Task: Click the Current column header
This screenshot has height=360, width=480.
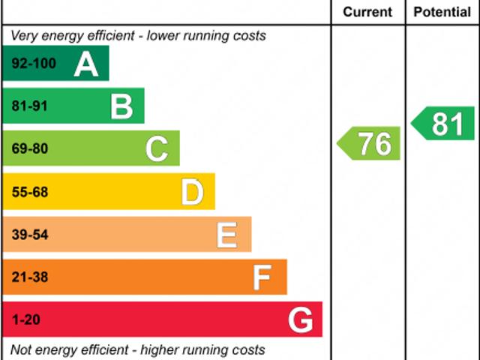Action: tap(367, 12)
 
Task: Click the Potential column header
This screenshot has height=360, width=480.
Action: tap(442, 12)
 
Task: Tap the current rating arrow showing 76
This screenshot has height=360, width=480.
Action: tap(370, 143)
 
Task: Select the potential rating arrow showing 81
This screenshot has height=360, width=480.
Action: tap(443, 123)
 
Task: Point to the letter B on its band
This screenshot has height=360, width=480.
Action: tap(121, 106)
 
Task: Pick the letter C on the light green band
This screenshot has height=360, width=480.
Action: tap(157, 149)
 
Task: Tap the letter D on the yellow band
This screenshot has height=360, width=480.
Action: tap(192, 193)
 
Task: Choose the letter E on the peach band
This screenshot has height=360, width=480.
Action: tap(227, 235)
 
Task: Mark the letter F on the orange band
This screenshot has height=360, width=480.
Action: tap(262, 278)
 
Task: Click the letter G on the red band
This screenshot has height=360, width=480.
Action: tap(300, 321)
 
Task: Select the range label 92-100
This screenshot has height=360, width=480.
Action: tap(34, 64)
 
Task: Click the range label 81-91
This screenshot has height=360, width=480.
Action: tap(29, 106)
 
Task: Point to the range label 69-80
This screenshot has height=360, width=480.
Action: tap(29, 149)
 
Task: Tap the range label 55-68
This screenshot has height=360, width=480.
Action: tap(29, 193)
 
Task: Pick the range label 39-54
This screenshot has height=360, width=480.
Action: tap(29, 235)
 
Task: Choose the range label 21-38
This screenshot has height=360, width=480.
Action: tap(29, 278)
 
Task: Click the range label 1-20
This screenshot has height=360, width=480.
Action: tap(25, 321)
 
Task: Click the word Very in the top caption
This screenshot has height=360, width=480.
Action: tap(24, 35)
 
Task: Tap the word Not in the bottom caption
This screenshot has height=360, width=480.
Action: tap(21, 349)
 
